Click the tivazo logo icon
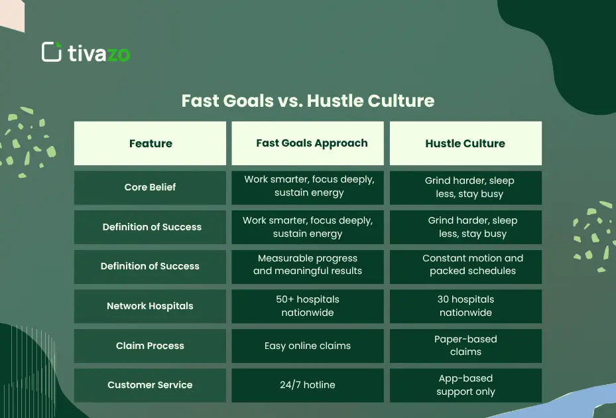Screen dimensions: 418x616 point(51,52)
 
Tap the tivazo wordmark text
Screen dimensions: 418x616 point(99,53)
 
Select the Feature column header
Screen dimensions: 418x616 point(151,143)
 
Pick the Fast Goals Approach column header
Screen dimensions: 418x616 point(307,143)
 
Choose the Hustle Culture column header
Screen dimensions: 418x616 point(465,143)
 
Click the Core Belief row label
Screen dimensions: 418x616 point(150,187)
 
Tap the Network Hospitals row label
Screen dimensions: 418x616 point(150,306)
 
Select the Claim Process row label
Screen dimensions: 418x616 point(150,346)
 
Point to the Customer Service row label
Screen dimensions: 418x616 point(150,385)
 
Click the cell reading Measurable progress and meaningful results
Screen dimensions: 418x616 point(307,265)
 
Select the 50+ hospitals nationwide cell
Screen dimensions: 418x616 point(307,306)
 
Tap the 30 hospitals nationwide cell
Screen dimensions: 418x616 point(465,306)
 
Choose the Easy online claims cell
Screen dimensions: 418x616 point(307,346)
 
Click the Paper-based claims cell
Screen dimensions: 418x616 point(465,345)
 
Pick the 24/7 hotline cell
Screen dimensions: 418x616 point(307,385)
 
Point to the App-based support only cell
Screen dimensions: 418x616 point(465,385)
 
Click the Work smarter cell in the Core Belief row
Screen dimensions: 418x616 point(307,186)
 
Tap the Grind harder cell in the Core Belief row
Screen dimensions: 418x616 point(465,187)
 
